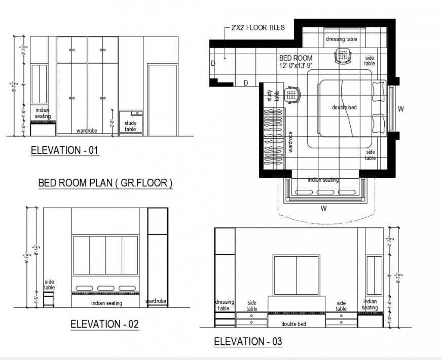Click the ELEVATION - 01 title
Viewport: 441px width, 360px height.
tap(64, 150)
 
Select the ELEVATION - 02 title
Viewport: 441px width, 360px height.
tap(104, 324)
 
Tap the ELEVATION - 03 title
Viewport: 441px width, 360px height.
tap(248, 342)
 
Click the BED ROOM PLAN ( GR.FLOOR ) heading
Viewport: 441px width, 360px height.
tap(105, 183)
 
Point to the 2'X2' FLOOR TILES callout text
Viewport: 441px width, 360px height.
tap(258, 28)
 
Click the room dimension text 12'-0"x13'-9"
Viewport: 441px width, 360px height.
tap(296, 65)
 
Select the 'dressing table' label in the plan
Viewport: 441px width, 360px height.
tap(341, 39)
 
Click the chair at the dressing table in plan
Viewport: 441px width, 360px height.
tap(343, 56)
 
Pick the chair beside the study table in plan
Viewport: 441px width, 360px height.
tap(292, 94)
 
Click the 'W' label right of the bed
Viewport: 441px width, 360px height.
tap(400, 109)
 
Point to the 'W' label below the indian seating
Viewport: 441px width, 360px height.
tap(322, 208)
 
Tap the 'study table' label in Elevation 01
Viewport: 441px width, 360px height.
tap(130, 126)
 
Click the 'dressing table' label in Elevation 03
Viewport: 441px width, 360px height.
tap(224, 305)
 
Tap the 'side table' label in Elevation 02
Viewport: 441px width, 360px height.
tap(49, 284)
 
